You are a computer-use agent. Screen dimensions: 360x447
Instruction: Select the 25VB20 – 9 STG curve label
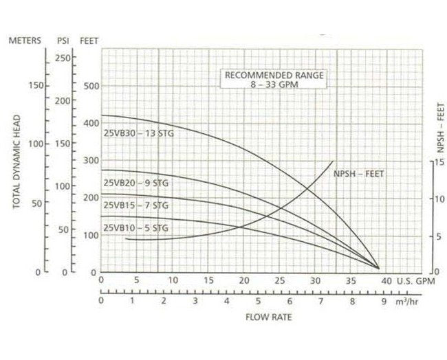[x=135, y=183]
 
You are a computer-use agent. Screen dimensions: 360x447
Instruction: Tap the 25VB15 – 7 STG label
[x=135, y=205]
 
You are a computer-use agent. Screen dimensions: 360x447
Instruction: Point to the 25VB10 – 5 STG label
[x=135, y=227]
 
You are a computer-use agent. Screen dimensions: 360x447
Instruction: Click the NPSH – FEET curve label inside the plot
[x=358, y=175]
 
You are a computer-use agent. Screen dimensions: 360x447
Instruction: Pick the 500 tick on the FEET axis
[x=91, y=86]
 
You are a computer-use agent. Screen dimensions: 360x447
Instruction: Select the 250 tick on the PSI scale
[x=63, y=57]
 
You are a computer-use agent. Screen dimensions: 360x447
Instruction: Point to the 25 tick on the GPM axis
[x=280, y=280]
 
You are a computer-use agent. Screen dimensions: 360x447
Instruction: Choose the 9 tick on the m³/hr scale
[x=383, y=301]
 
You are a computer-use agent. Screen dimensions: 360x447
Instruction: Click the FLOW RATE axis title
[x=270, y=317]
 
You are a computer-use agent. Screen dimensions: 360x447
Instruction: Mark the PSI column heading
[x=63, y=41]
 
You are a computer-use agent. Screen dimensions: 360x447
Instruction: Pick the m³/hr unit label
[x=408, y=301]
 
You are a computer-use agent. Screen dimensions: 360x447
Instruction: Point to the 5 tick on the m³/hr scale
[x=258, y=301]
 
